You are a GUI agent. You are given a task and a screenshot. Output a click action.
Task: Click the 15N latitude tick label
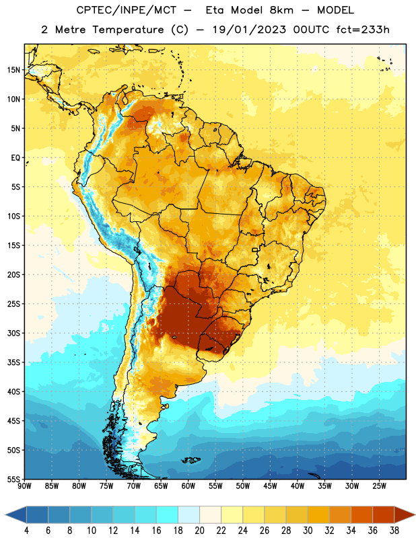13,70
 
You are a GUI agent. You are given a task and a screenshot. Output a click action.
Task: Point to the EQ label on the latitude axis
15,158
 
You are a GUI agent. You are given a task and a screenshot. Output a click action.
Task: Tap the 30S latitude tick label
13,333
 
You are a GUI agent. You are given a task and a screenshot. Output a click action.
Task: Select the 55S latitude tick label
13,479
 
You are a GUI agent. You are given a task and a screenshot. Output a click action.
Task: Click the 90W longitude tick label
24,486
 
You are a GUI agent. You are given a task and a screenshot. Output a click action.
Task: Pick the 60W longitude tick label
188,486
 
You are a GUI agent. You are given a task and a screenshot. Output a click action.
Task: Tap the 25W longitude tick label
379,486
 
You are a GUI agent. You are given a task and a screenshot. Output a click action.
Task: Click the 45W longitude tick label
270,486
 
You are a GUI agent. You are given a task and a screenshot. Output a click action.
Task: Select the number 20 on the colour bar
199,531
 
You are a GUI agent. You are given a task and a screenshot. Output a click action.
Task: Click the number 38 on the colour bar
394,531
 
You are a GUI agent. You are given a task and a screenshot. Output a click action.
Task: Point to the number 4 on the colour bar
26,531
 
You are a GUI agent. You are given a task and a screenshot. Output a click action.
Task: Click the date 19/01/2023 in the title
249,30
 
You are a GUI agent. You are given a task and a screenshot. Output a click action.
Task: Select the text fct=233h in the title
363,30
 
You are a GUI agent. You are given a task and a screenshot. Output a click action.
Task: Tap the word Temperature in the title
128,30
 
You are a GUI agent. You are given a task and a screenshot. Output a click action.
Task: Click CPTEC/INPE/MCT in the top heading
127,10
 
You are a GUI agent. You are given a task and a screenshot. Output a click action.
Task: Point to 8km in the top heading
281,10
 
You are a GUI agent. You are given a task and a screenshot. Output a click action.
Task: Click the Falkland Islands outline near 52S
190,460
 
